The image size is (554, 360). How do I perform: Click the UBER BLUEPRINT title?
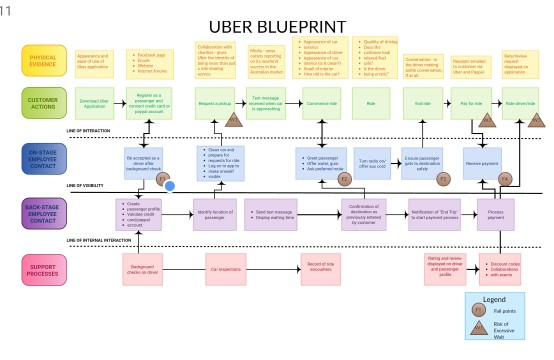[x=277, y=26]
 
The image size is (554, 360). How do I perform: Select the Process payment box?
[x=495, y=214]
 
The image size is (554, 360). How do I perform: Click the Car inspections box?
[x=227, y=268]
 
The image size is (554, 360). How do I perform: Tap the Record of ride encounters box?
[x=313, y=268]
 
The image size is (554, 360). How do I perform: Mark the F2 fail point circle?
[x=345, y=179]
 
